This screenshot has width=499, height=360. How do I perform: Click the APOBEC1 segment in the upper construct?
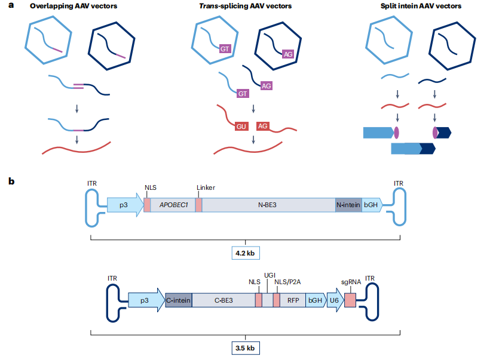point(173,205)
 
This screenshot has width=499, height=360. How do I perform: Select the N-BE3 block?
point(268,205)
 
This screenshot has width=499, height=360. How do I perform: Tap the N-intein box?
point(348,205)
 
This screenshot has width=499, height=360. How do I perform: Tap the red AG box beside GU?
point(264,126)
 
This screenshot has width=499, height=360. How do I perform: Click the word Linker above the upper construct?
point(206,187)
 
